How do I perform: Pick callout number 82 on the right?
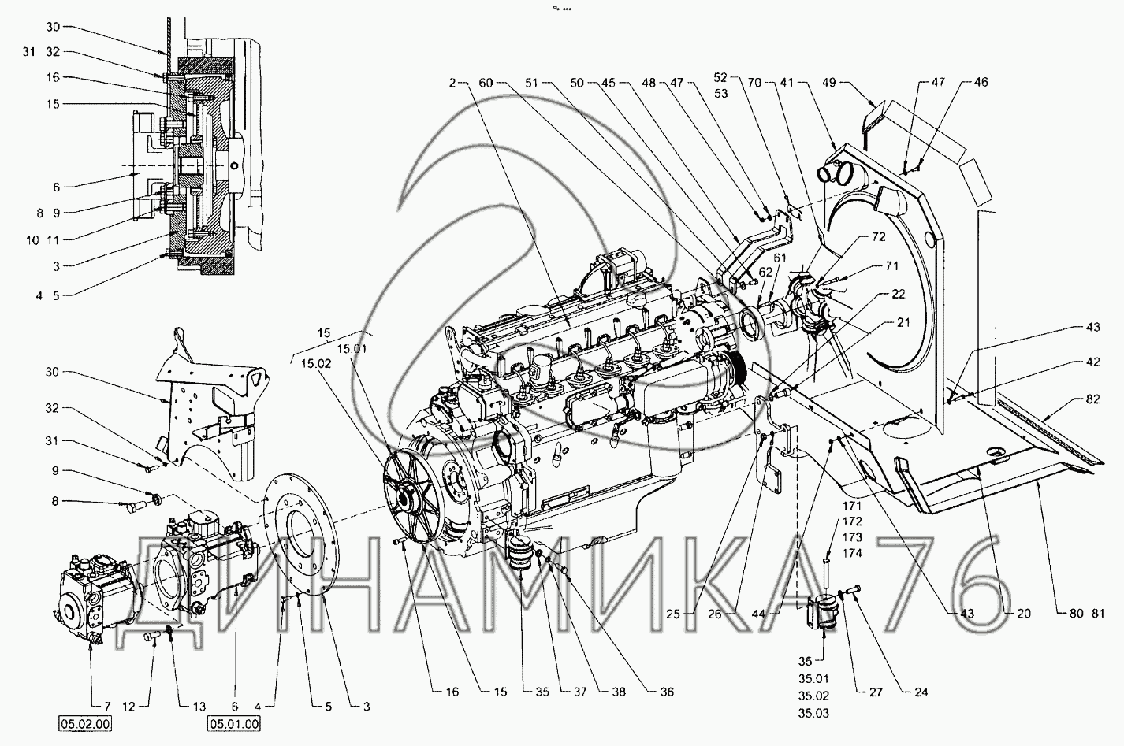[1092, 401]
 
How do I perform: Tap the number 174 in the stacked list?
[851, 554]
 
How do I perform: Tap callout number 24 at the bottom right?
[899, 693]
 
